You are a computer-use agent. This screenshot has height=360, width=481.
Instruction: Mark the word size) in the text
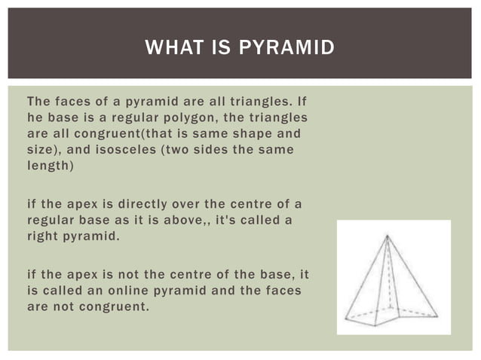click(x=44, y=151)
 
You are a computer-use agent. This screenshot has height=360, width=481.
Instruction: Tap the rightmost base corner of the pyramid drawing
click(x=438, y=314)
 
